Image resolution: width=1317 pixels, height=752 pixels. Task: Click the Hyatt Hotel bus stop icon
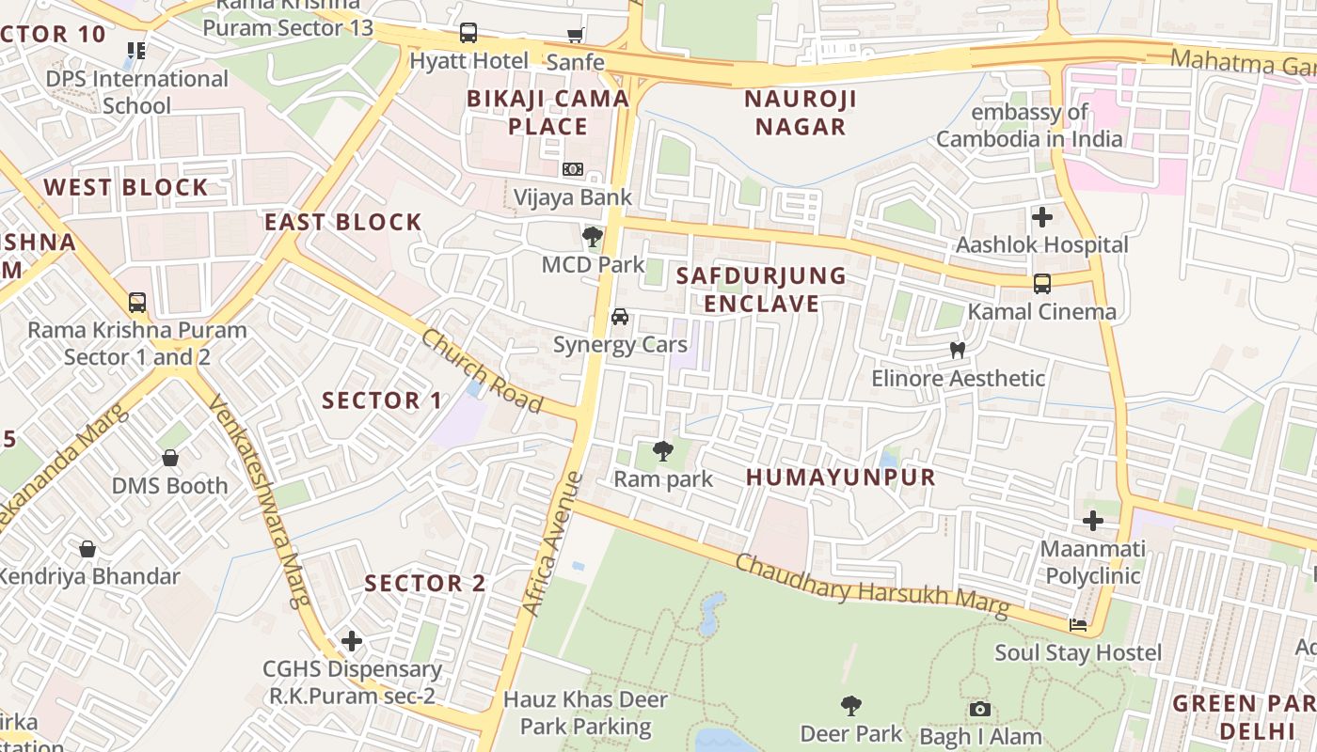468,34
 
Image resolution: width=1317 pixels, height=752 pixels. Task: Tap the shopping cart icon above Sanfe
575,36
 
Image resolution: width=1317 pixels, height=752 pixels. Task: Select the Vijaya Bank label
572,198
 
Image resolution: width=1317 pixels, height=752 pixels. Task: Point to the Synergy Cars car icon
620,317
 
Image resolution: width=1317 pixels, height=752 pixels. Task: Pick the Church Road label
482,370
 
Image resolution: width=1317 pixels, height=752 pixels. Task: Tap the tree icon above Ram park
663,451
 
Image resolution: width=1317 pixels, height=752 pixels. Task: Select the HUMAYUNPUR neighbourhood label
841,478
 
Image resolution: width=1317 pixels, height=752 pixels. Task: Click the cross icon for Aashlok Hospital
1042,217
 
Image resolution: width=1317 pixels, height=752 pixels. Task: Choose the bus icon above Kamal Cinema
1042,284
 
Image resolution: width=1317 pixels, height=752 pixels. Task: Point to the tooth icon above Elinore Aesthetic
958,351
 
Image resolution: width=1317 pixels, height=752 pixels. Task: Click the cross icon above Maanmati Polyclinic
1093,521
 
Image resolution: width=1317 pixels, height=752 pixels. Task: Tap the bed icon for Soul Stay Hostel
1078,625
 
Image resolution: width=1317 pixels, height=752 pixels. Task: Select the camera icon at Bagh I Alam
979,710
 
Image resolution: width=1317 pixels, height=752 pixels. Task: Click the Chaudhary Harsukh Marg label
871,587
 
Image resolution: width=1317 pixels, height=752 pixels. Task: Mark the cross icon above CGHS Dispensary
352,642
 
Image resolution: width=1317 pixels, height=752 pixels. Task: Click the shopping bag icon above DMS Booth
170,459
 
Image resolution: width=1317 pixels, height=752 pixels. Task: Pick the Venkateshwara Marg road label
259,499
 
